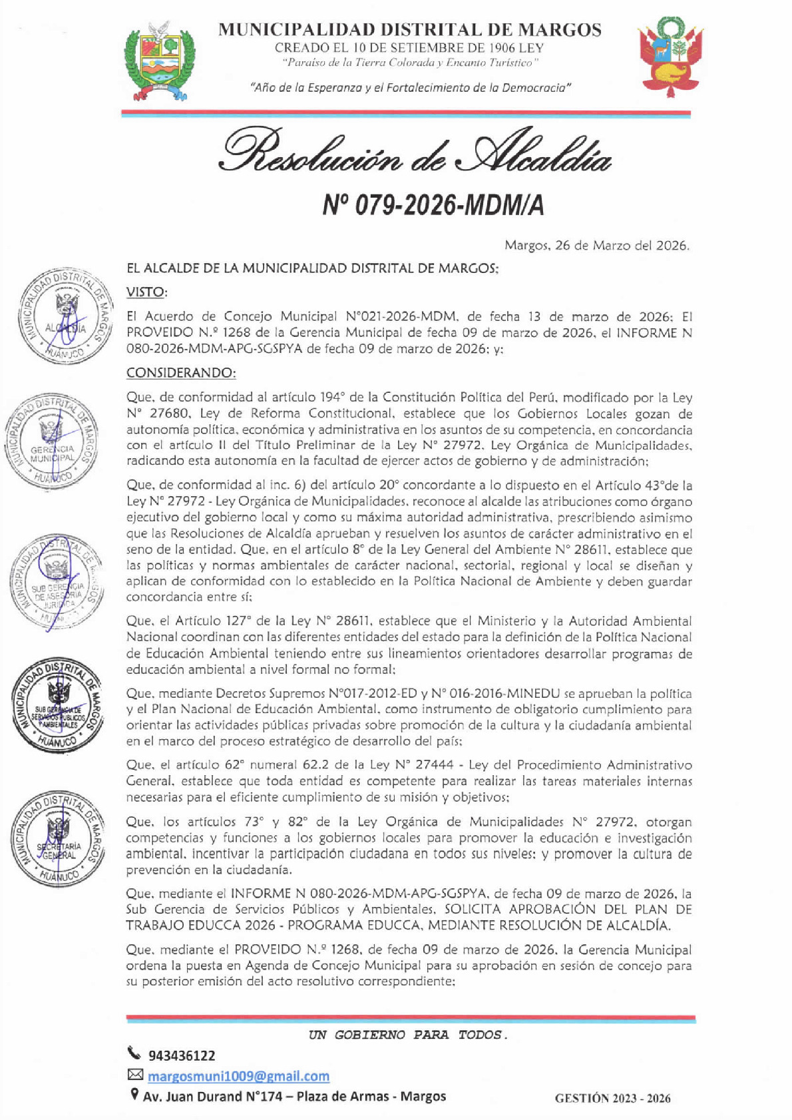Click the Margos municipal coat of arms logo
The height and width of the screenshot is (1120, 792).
click(160, 61)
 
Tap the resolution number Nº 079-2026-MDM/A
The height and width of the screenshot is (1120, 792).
click(433, 206)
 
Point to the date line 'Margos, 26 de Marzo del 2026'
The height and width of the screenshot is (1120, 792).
click(596, 246)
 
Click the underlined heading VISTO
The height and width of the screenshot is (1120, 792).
click(146, 292)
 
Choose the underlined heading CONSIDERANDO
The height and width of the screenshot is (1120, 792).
click(181, 372)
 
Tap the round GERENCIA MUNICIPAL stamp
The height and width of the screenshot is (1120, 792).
click(52, 441)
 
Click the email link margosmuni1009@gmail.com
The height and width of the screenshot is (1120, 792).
click(238, 1076)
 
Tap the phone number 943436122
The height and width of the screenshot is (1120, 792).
click(182, 1056)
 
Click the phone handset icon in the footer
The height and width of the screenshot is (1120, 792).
click(134, 1053)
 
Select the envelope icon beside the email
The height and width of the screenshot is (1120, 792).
click(135, 1074)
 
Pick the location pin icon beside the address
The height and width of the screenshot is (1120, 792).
click(134, 1094)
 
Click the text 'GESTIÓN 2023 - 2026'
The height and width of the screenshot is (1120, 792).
click(613, 1099)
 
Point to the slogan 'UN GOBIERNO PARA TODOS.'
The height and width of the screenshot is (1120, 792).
click(407, 1035)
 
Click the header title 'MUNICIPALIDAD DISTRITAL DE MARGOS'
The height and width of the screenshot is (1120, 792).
click(410, 30)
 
